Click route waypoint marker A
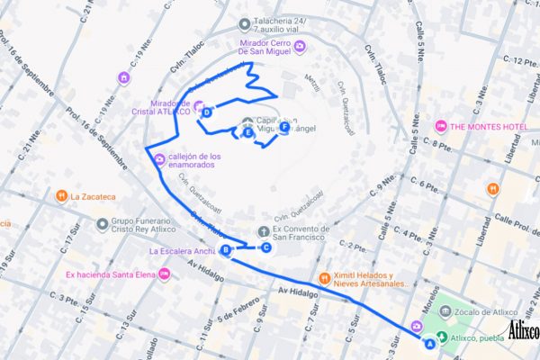(429, 343)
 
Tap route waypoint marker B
(225, 250)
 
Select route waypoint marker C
(265, 247)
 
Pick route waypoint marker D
(207, 112)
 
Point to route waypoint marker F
(284, 128)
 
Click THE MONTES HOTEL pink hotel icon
(441, 125)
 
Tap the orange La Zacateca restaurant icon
(61, 195)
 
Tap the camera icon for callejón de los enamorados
(159, 161)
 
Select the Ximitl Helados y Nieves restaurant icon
(325, 277)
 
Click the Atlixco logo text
(523, 330)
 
